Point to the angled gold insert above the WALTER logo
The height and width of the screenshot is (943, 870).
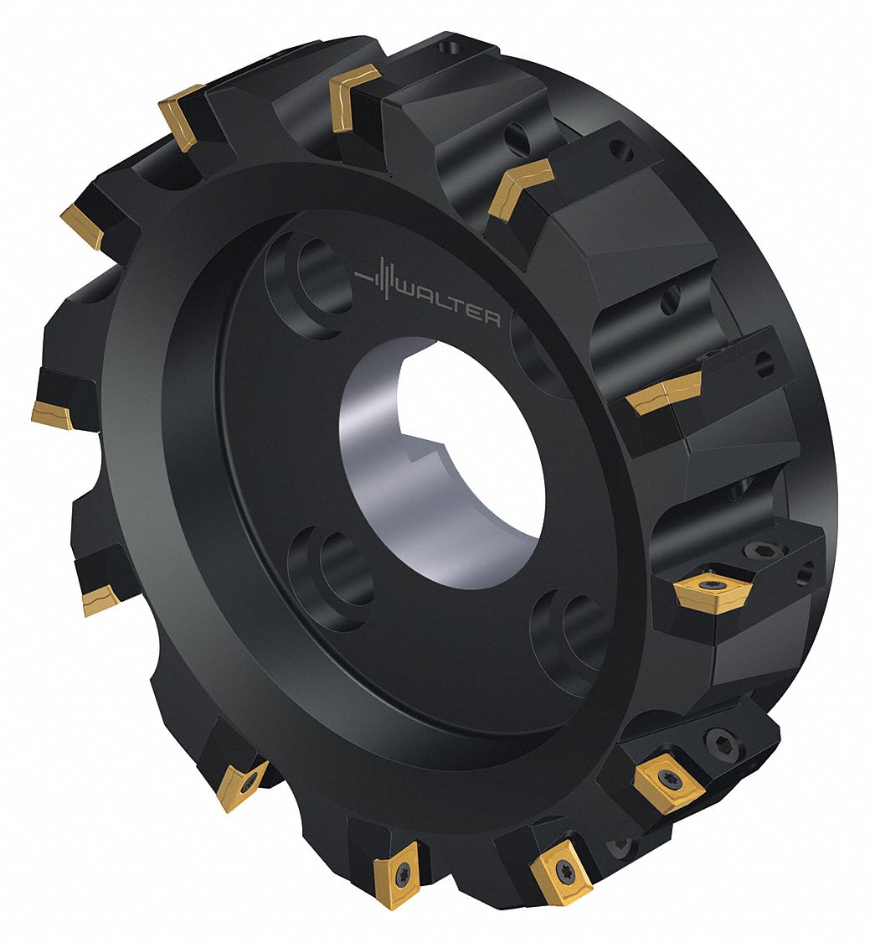click(x=519, y=185)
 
